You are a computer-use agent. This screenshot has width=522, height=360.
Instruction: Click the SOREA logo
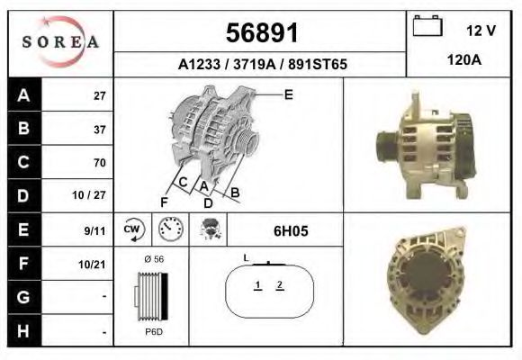(x=59, y=42)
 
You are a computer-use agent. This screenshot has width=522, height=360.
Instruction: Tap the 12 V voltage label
(x=481, y=31)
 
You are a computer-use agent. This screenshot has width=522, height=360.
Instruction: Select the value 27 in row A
(x=99, y=95)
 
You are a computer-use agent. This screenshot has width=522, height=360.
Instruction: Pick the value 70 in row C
(x=99, y=163)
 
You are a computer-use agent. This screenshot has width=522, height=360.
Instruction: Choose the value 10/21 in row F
(x=94, y=264)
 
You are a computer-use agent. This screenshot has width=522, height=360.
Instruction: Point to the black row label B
(x=23, y=129)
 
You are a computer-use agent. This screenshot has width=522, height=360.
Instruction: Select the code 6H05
(x=291, y=231)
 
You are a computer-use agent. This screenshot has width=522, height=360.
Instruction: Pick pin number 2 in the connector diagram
(x=280, y=285)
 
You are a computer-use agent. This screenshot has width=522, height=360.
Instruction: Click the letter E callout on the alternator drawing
(x=288, y=94)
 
